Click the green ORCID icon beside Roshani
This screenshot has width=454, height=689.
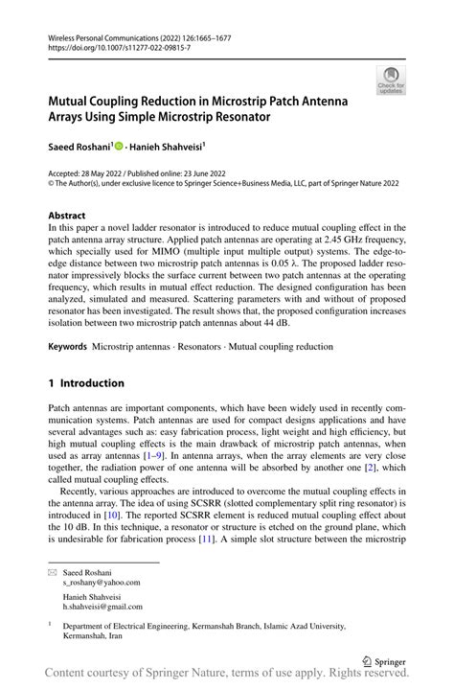pyautogui.click(x=119, y=148)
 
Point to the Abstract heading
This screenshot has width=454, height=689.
pyautogui.click(x=67, y=215)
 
